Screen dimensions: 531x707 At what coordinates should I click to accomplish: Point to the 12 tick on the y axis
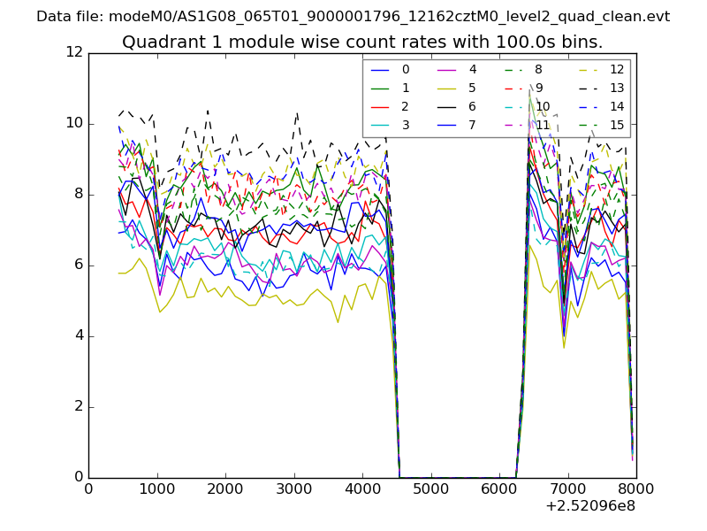74,53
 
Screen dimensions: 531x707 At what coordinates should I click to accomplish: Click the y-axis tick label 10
74,124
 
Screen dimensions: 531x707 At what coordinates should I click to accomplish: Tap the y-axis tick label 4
78,336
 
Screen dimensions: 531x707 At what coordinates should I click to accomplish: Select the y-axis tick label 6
78,265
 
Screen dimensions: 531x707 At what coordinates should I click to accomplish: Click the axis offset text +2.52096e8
591,506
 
